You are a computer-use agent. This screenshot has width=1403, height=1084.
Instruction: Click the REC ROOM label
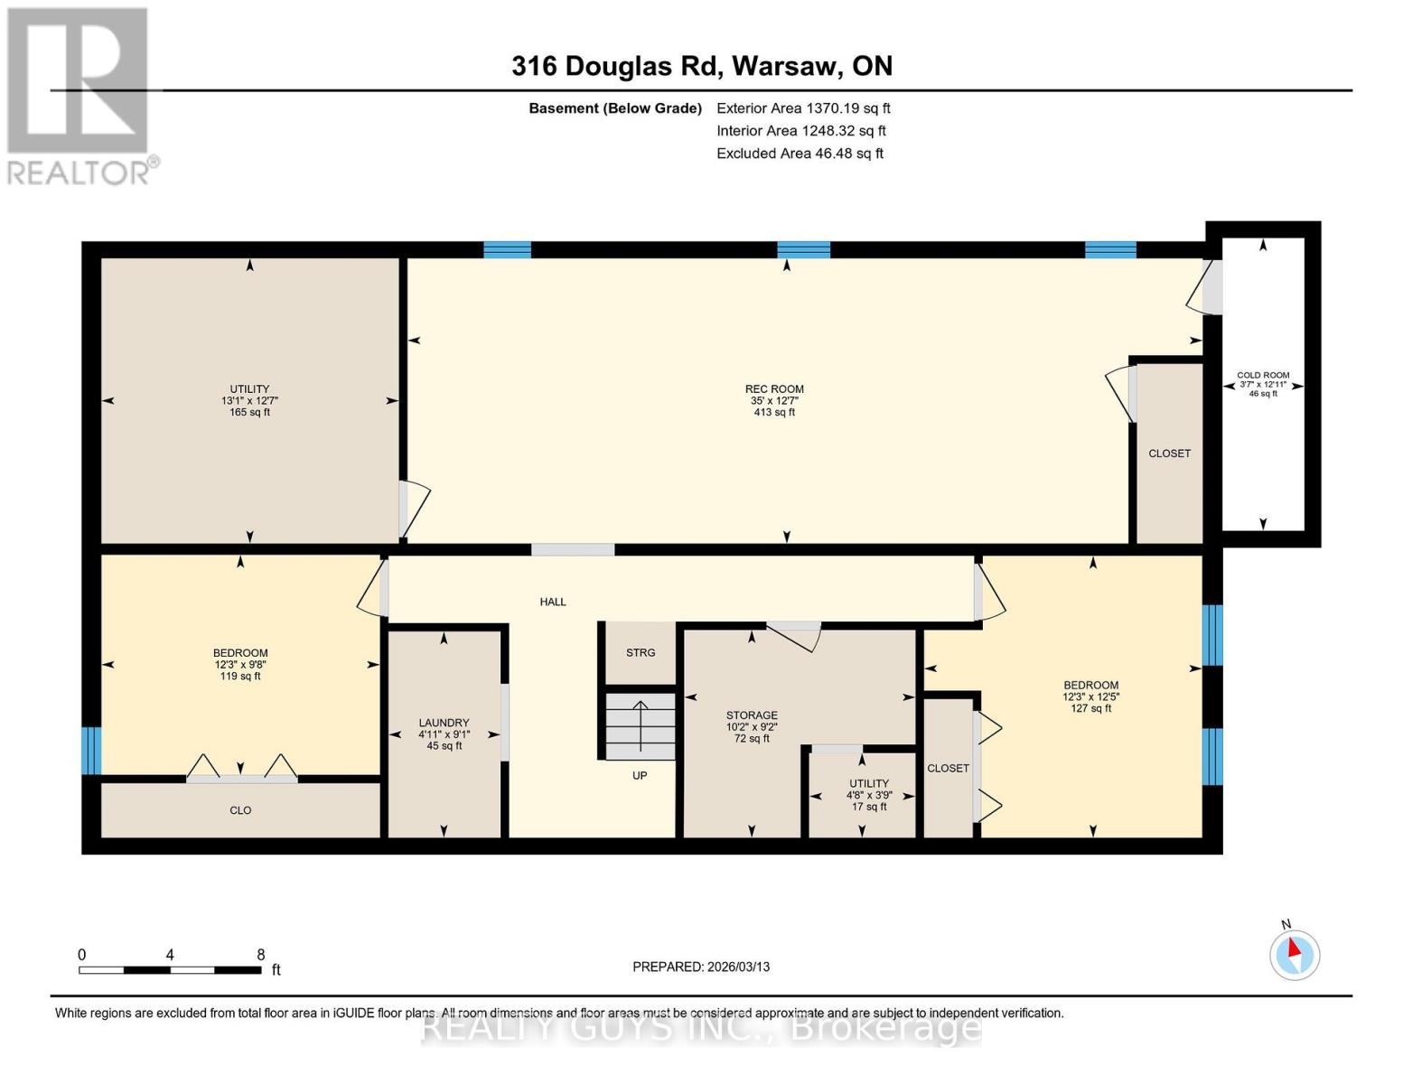point(774,400)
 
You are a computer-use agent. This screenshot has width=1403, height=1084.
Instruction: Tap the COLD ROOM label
point(1262,384)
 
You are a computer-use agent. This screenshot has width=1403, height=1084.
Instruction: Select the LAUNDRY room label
point(444,734)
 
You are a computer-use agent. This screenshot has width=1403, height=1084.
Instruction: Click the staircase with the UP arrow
point(641,726)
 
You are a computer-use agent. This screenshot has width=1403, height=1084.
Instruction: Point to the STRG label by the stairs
point(641,652)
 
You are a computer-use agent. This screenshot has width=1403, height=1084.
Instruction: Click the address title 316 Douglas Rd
point(701,66)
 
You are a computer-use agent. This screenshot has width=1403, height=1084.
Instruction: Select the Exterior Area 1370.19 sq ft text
point(802,108)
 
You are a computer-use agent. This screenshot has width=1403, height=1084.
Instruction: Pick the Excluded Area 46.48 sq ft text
point(800,154)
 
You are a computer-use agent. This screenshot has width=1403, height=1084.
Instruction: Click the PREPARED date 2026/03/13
point(701,967)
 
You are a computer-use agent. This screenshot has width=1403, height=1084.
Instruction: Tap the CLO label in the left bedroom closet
point(240,810)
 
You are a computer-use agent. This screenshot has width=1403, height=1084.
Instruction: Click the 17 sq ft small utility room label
point(868,795)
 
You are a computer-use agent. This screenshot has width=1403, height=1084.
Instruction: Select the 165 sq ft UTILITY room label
point(250,400)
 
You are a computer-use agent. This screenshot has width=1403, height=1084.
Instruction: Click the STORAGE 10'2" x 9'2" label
point(752,726)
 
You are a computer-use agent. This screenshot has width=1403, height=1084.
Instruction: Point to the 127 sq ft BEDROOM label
point(1090,696)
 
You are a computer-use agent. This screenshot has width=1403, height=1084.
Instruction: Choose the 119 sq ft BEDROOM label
point(240,664)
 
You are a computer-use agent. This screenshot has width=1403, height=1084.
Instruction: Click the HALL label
point(553,602)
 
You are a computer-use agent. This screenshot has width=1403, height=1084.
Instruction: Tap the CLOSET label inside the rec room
point(1169,453)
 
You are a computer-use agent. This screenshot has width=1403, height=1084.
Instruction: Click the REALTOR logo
point(80,95)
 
